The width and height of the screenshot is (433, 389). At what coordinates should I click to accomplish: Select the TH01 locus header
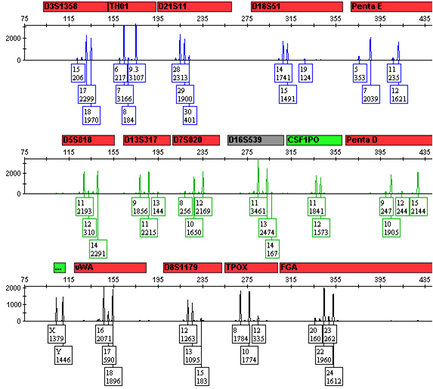click(131, 6)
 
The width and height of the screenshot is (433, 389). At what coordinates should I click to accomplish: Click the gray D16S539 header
click(255, 140)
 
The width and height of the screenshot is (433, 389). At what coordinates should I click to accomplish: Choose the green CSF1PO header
click(314, 140)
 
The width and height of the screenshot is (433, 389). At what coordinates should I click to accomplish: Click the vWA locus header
click(110, 267)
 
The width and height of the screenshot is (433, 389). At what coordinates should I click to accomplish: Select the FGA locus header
click(355, 267)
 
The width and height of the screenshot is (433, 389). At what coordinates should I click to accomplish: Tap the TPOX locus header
click(251, 267)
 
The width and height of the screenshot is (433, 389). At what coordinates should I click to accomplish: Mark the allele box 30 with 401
click(190, 115)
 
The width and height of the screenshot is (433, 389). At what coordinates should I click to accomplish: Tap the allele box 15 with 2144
click(419, 207)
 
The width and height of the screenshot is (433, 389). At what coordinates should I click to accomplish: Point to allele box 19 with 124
click(305, 73)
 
